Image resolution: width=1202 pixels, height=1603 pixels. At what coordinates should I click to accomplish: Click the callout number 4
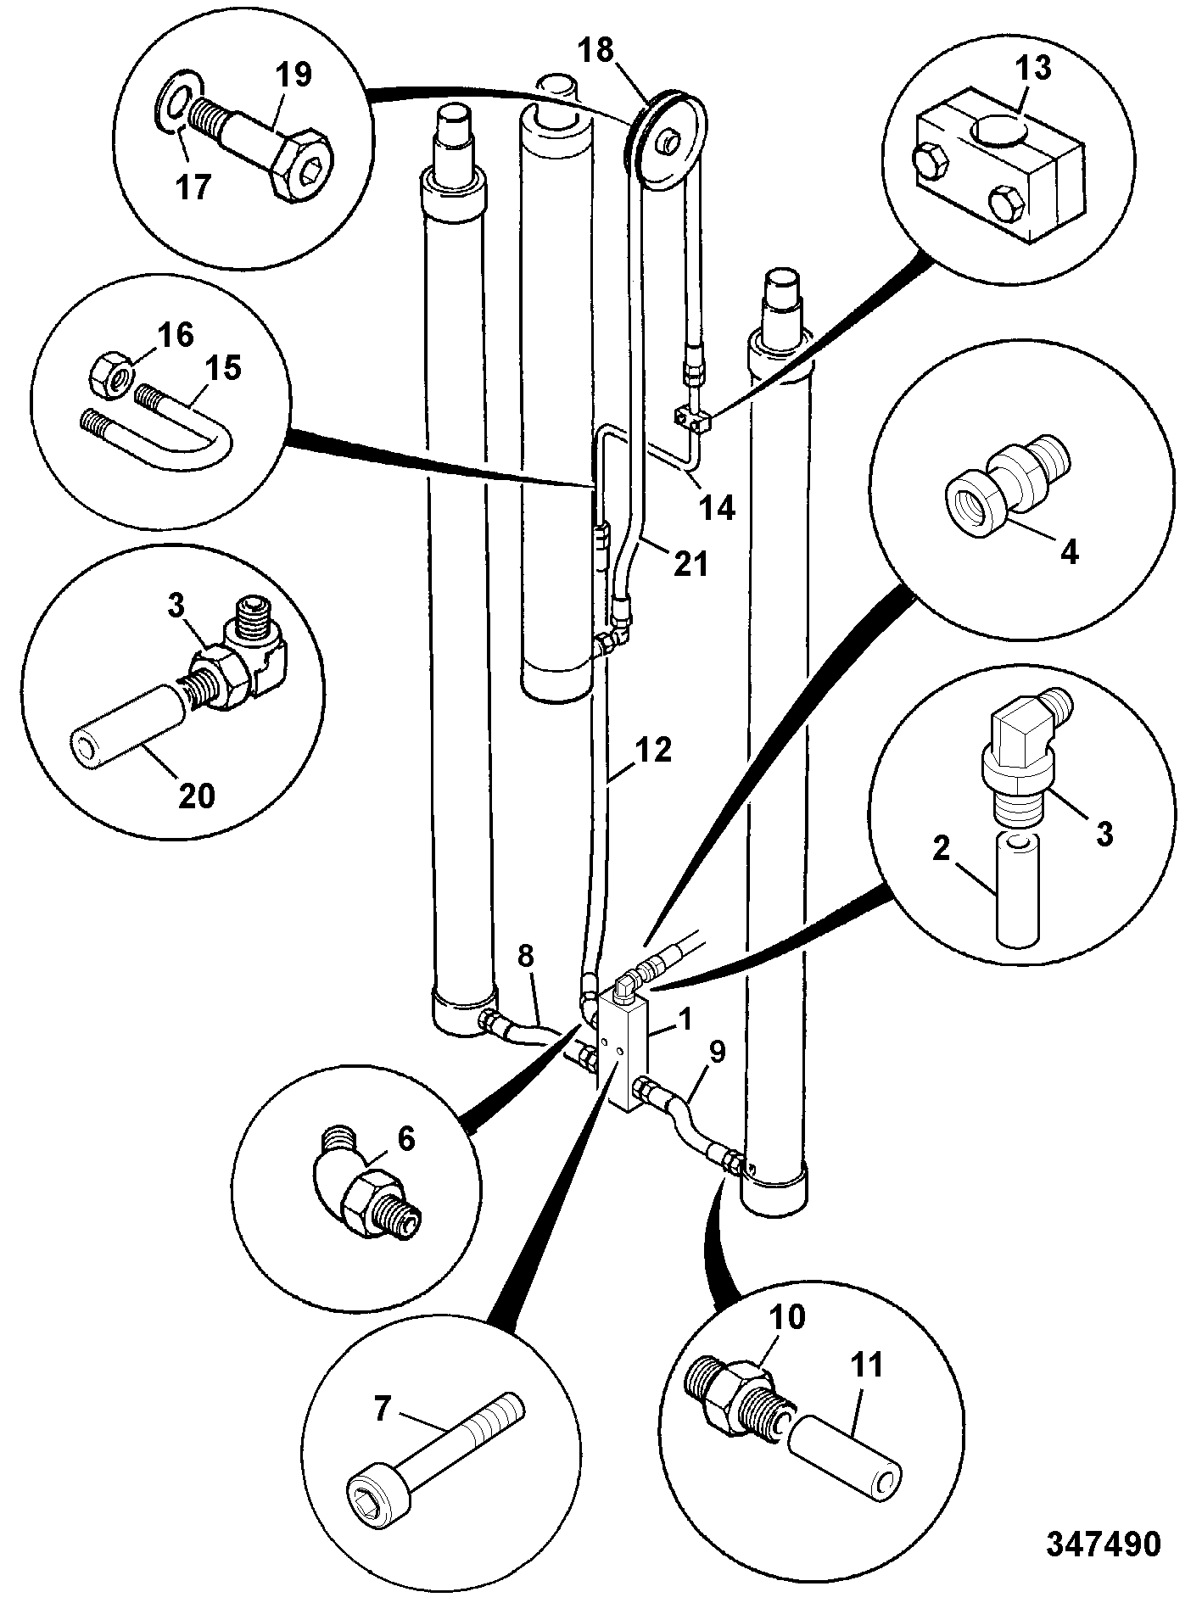click(1070, 552)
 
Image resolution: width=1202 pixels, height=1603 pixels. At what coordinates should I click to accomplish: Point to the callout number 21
click(690, 561)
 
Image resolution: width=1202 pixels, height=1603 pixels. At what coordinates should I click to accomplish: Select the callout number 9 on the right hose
click(717, 1053)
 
